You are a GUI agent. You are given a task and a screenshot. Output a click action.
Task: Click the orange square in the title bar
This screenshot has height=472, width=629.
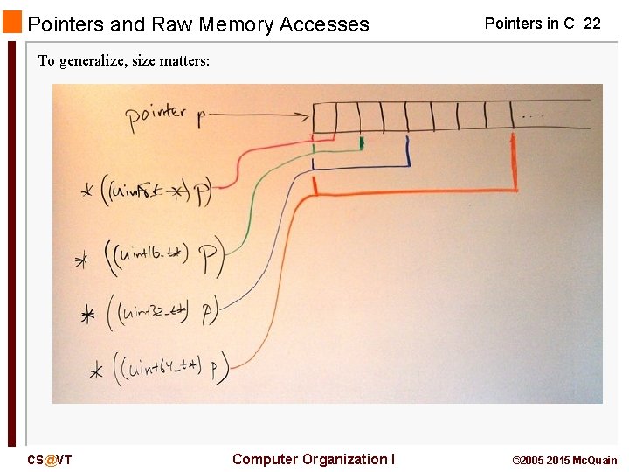click(12, 23)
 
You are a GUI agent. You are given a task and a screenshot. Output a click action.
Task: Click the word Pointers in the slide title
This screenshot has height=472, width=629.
click(62, 24)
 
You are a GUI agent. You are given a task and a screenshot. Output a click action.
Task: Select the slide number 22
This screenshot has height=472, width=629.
click(591, 24)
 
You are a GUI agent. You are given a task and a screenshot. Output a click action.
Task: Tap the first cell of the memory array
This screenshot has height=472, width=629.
click(324, 116)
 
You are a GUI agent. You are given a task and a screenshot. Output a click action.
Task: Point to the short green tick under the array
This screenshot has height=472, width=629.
click(362, 142)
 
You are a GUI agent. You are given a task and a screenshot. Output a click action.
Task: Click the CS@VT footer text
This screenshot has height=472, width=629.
click(49, 460)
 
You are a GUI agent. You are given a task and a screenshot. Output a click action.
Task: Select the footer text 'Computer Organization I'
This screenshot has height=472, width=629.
click(313, 459)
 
